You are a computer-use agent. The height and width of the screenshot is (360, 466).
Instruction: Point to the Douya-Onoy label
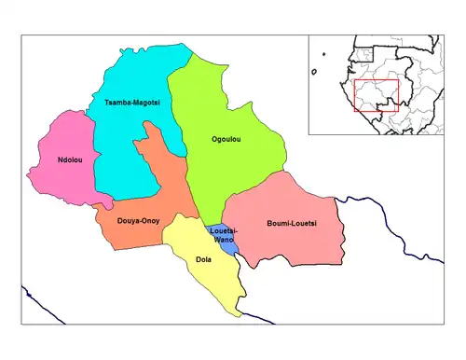click(138, 221)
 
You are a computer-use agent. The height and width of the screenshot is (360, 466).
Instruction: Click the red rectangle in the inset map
click(376, 95)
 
